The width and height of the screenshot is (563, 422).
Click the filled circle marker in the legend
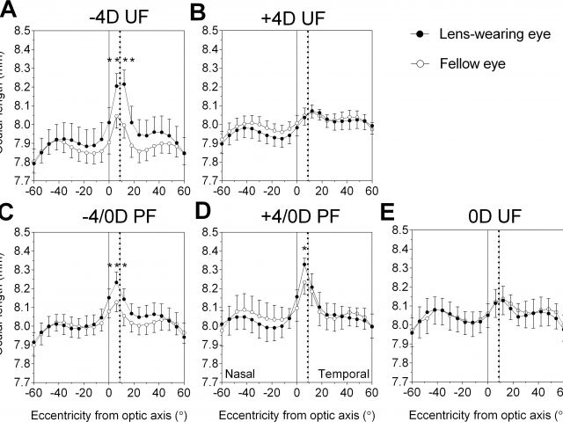tap(420, 33)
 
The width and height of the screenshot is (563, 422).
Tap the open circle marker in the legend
tap(420, 63)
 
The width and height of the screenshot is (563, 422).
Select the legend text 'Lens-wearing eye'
tap(494, 33)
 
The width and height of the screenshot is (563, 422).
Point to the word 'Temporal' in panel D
tap(343, 373)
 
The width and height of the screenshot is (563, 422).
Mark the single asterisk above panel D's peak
tap(303, 249)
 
